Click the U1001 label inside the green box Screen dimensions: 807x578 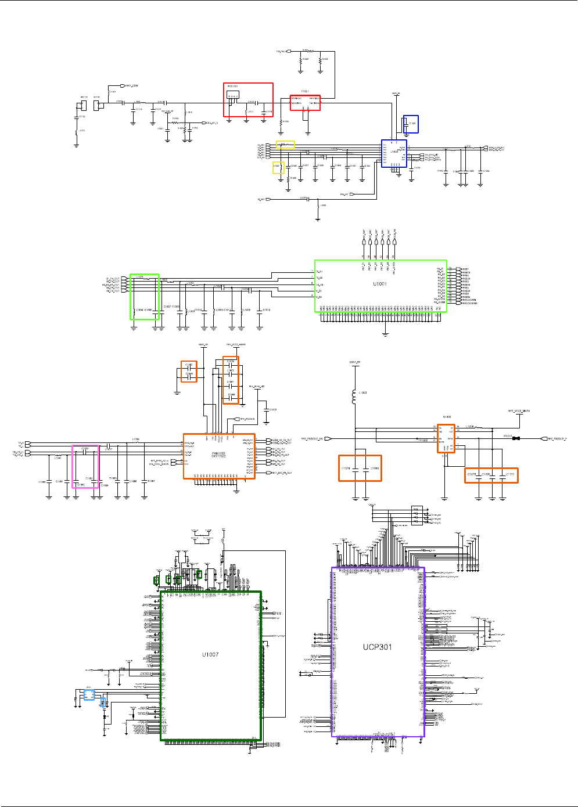(379, 284)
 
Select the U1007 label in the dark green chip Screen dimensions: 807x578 (210, 654)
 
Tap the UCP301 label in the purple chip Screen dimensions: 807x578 (378, 647)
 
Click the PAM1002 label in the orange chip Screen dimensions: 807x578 (218, 453)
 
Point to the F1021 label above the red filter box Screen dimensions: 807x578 (305, 91)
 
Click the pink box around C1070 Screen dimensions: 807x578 (85, 467)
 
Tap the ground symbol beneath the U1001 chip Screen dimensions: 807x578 (385, 334)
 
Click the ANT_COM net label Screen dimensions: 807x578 (132, 86)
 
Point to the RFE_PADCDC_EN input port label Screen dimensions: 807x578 (312, 439)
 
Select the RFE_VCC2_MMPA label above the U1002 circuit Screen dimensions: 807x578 (519, 411)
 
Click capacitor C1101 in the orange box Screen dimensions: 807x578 (509, 474)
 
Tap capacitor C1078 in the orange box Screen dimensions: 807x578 (346, 468)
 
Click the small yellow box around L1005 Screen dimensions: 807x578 (278, 168)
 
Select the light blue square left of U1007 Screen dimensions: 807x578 (88, 694)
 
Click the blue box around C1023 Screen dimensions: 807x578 (411, 124)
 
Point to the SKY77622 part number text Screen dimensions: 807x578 (218, 456)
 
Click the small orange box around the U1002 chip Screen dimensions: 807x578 (446, 438)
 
